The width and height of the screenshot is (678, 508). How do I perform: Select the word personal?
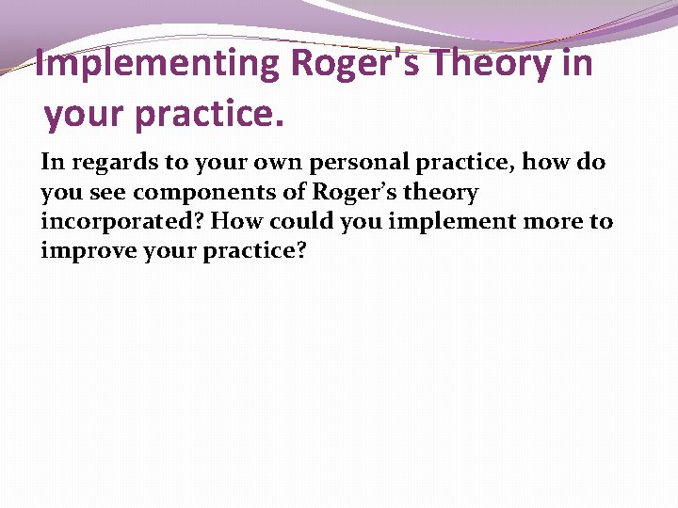point(348,163)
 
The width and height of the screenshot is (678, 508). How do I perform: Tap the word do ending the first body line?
point(591,163)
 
